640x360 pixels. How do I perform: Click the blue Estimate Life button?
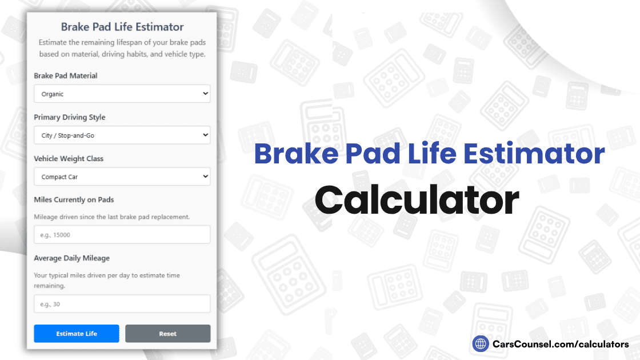[x=77, y=334]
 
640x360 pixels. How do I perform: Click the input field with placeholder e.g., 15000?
[x=122, y=235]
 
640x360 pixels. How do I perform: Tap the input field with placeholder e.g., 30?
[x=122, y=305]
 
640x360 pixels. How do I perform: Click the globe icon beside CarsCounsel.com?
[x=481, y=344]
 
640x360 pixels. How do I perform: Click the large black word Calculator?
[x=417, y=201]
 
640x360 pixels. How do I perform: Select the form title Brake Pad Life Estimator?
[x=122, y=27]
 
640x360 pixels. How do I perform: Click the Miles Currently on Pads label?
[x=74, y=200]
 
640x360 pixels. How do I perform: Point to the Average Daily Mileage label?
[x=71, y=258]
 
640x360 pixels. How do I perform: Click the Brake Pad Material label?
[x=66, y=76]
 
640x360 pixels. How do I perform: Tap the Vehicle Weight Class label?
[x=69, y=159]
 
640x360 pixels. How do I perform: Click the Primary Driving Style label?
[x=70, y=117]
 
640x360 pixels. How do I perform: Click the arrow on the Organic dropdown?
[x=206, y=94]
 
